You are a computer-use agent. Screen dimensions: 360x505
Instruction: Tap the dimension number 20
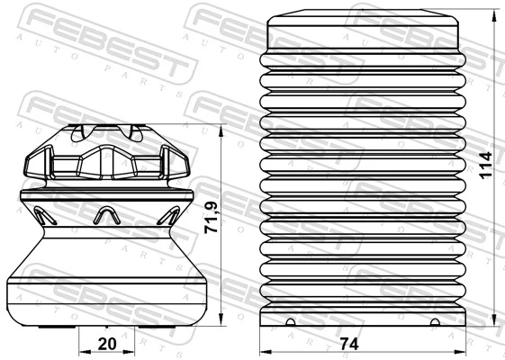[x=107, y=344]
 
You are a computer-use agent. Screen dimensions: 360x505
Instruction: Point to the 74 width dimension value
[x=350, y=344]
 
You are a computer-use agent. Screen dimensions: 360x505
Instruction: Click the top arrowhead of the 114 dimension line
[x=496, y=21]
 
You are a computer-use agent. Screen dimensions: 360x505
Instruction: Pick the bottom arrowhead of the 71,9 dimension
[x=221, y=325]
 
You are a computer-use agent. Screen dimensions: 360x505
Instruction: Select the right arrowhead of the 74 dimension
[x=463, y=351]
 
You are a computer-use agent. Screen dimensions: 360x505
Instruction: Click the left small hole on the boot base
[x=290, y=321]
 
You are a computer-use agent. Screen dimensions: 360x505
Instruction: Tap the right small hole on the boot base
[x=436, y=321]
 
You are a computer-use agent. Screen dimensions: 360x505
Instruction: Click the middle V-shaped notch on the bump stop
[x=107, y=214]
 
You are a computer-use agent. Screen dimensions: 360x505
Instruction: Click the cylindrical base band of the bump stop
[x=107, y=292]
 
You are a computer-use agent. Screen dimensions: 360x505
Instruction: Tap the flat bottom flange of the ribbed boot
[x=364, y=319]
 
